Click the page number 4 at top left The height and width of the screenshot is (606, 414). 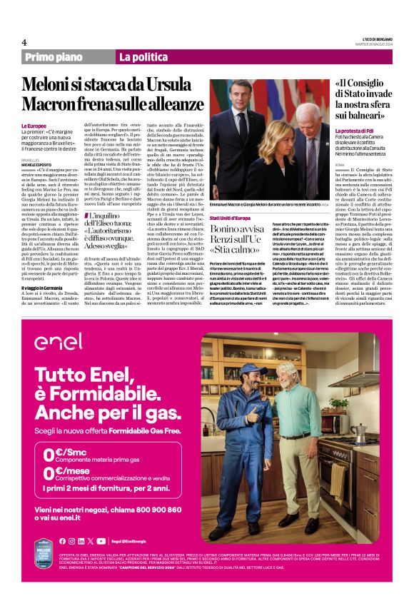(x=24, y=42)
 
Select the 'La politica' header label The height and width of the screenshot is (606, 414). (x=143, y=57)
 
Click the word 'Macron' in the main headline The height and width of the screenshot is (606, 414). (x=53, y=105)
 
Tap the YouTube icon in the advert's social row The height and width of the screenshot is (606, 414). (x=101, y=541)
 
